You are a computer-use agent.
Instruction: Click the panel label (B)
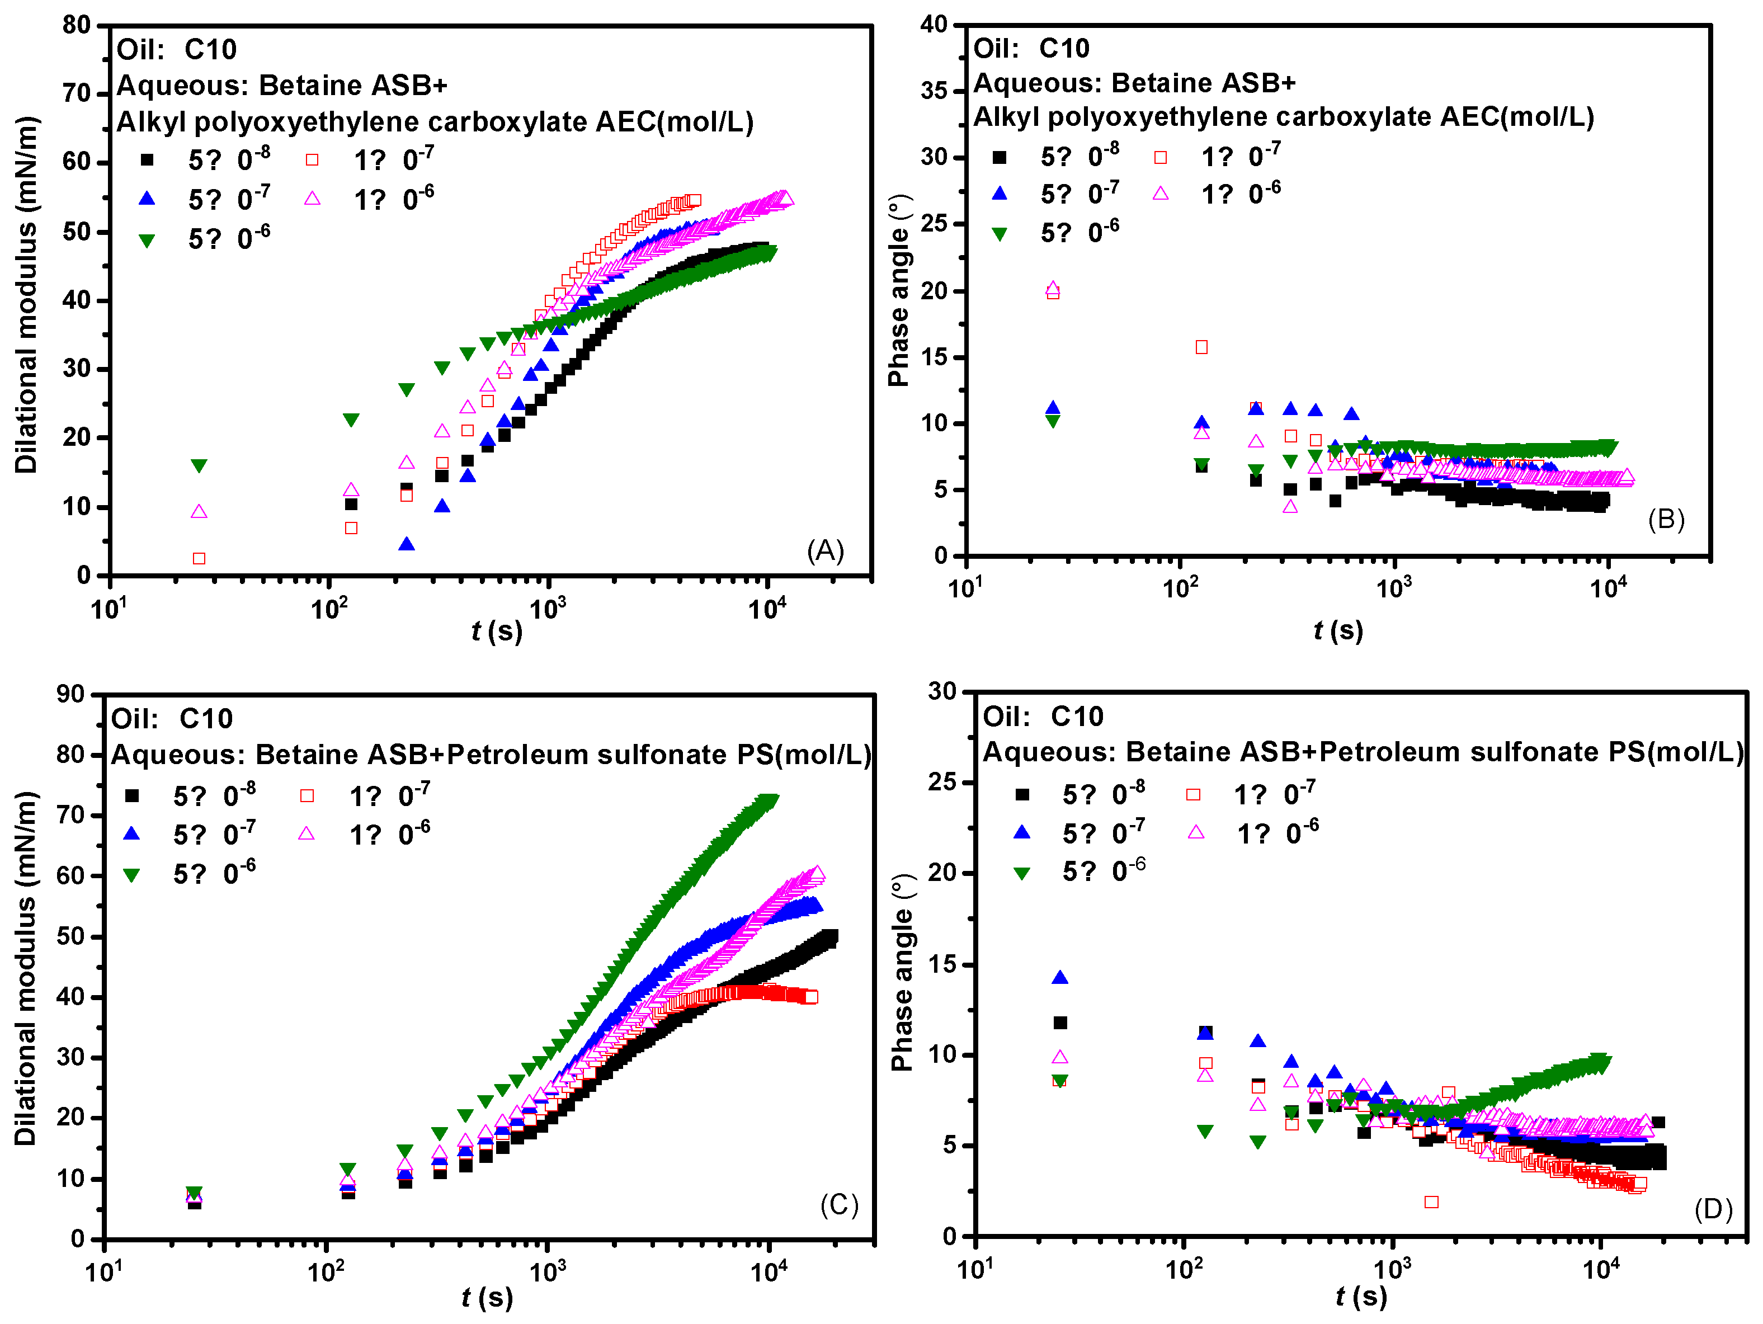point(1666,520)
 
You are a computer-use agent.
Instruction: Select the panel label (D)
point(1714,1209)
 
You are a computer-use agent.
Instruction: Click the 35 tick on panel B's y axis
point(934,91)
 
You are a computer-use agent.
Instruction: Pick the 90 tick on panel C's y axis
point(70,694)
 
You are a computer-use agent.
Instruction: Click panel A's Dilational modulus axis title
point(26,295)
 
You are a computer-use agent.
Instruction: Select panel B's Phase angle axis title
point(899,290)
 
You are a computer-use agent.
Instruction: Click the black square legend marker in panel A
point(147,160)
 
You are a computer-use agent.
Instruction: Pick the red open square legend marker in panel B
point(1161,158)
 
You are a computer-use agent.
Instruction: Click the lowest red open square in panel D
point(1431,1202)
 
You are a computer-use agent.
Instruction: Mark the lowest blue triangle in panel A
point(407,544)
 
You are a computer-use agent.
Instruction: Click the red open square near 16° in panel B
point(1201,347)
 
